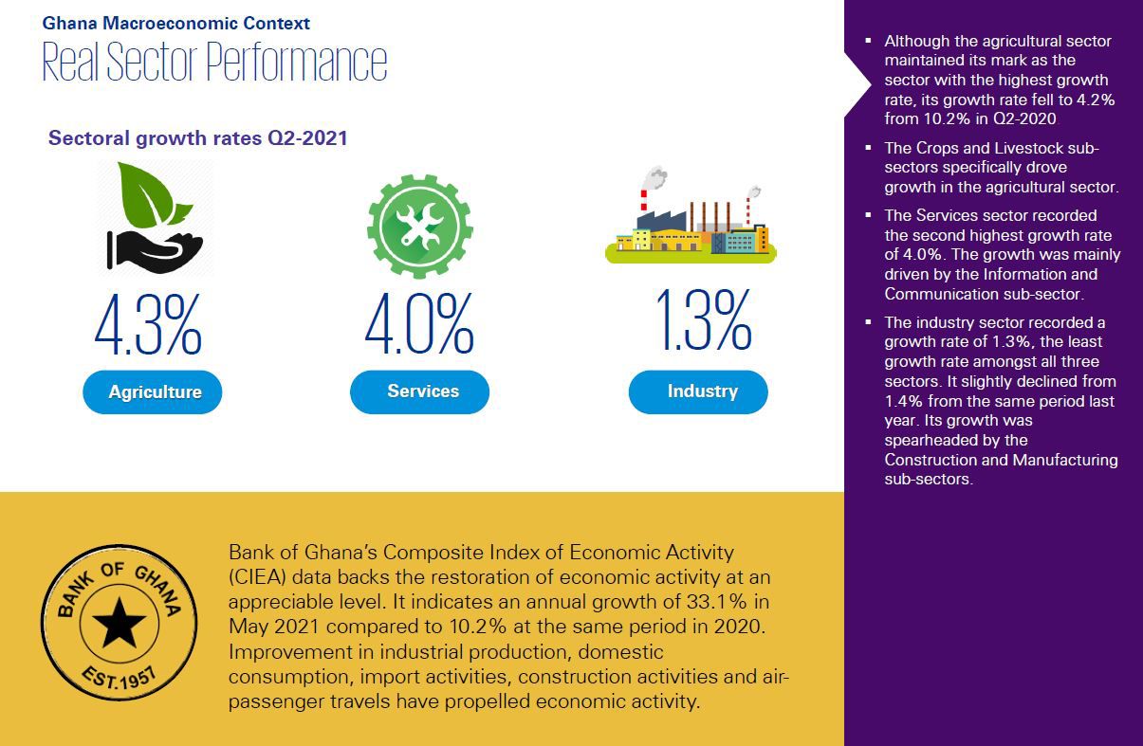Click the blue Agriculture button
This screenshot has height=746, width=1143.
(153, 392)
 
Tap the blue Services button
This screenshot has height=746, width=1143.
(420, 391)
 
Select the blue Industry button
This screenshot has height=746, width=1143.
(699, 391)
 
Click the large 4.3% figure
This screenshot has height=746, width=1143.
(148, 325)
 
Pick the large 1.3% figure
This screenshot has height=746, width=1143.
(703, 322)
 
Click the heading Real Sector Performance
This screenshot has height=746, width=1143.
(214, 63)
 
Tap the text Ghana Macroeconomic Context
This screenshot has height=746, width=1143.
(175, 23)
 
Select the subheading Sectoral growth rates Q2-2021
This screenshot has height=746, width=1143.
(198, 138)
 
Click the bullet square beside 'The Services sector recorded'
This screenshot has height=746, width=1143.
(868, 215)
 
